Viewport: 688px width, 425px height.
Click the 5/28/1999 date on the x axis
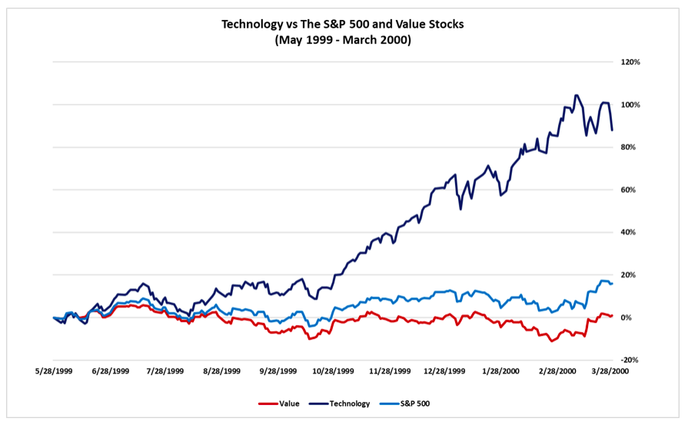tap(54, 370)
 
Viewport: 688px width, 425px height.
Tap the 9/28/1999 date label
tap(278, 370)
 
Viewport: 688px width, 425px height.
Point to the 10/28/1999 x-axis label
tap(334, 370)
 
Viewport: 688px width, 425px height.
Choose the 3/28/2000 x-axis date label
tap(613, 370)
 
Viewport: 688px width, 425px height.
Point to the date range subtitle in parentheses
tap(343, 40)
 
